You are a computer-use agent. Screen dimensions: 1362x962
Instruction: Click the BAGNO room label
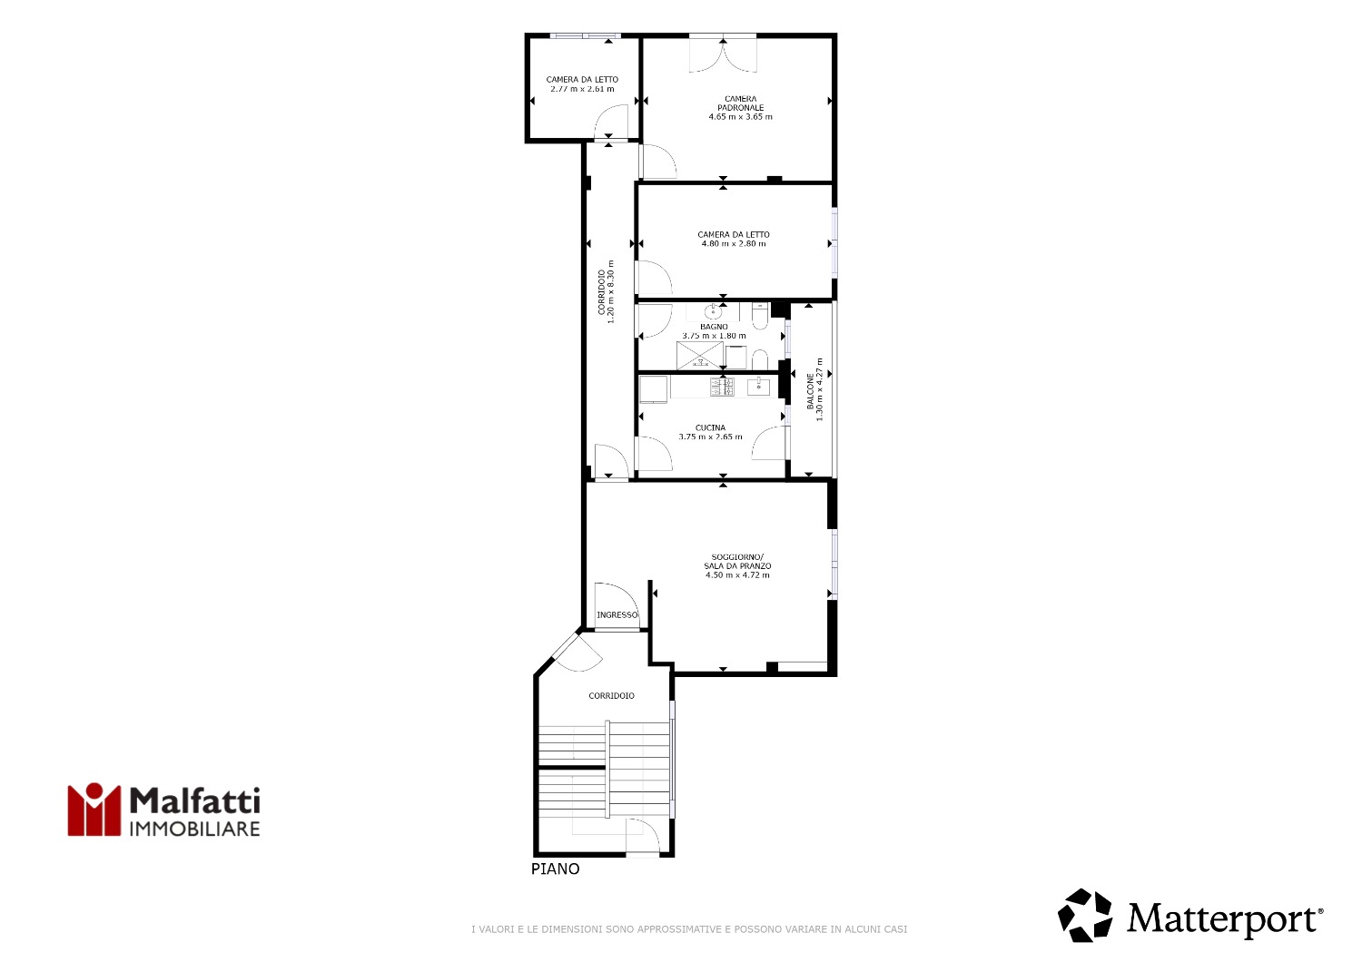tap(714, 327)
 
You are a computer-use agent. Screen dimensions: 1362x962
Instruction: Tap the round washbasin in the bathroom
tap(713, 312)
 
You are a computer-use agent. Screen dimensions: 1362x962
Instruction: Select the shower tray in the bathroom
tap(700, 356)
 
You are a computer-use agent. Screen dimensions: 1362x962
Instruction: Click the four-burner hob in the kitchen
tap(722, 388)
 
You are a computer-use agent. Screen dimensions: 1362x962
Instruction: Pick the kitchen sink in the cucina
tap(758, 387)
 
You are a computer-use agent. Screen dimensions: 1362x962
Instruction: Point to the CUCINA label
tap(710, 427)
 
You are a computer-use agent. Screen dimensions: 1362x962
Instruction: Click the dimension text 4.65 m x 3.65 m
tap(741, 117)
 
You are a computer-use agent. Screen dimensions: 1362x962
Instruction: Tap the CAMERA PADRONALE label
tap(741, 103)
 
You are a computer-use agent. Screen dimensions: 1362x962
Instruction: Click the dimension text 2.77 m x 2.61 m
tap(583, 89)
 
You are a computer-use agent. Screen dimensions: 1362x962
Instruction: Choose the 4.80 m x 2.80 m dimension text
tap(734, 244)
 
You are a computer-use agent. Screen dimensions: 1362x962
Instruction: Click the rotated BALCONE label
tap(811, 391)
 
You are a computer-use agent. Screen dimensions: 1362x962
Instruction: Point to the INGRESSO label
tap(617, 615)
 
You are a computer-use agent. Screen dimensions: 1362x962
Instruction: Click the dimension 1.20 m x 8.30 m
tap(611, 291)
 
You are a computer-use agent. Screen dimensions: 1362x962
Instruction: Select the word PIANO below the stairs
tap(555, 869)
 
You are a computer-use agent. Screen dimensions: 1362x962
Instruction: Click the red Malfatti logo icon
tap(94, 810)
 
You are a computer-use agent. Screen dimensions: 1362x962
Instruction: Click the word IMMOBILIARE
tap(195, 829)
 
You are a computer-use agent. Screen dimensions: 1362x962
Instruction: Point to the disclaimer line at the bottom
tap(689, 929)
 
